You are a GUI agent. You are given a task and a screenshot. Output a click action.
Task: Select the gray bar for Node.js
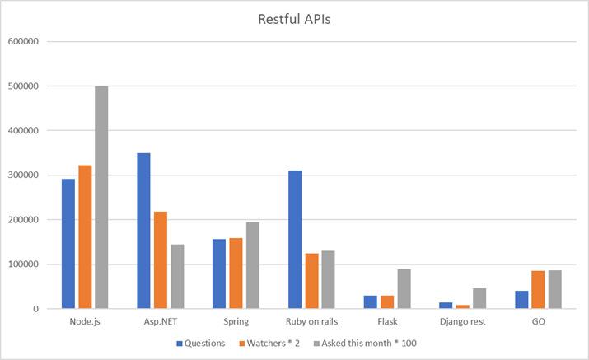click(x=101, y=198)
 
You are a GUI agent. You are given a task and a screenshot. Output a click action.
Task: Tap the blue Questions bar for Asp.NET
click(x=143, y=231)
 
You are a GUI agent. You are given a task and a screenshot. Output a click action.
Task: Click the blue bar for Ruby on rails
click(x=295, y=240)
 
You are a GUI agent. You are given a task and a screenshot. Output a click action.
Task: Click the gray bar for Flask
click(x=404, y=289)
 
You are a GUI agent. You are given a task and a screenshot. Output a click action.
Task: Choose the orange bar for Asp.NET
click(x=160, y=260)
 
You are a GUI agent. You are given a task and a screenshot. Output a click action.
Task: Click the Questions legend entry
click(x=203, y=344)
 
